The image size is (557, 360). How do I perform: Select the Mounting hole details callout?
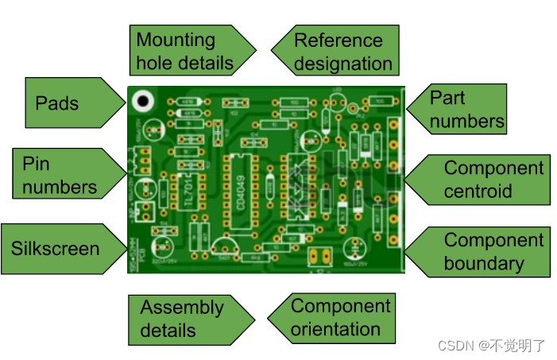pyautogui.click(x=187, y=51)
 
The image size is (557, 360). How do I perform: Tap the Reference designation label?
pyautogui.click(x=338, y=51)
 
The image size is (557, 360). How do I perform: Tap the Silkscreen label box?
pyautogui.click(x=60, y=248)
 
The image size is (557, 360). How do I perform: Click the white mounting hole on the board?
pyautogui.click(x=143, y=101)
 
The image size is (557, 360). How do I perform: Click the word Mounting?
pyautogui.click(x=176, y=40)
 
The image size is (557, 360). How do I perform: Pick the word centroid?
pyautogui.click(x=478, y=192)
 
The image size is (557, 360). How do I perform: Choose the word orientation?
pyautogui.click(x=335, y=329)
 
